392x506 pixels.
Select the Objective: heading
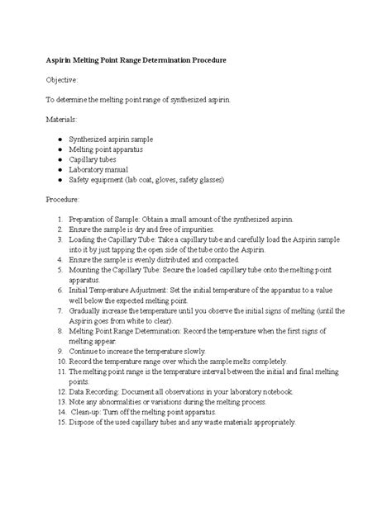click(x=62, y=81)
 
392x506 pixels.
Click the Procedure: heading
click(x=63, y=199)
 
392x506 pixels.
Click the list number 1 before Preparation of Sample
click(x=60, y=219)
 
